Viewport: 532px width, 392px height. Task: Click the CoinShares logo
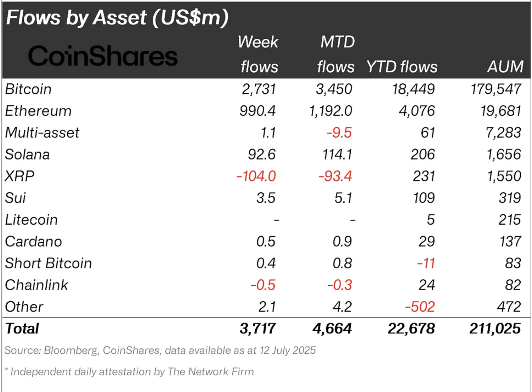pyautogui.click(x=103, y=56)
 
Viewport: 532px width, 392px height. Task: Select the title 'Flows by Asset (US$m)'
pyautogui.click(x=117, y=17)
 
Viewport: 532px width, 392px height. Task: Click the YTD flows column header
pyautogui.click(x=402, y=67)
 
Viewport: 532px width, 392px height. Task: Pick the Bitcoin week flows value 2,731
pyautogui.click(x=259, y=89)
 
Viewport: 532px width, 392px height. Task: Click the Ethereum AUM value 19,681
pyautogui.click(x=500, y=111)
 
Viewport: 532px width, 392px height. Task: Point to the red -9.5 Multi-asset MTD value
pyautogui.click(x=339, y=133)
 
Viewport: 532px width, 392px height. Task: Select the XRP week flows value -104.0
pyautogui.click(x=256, y=176)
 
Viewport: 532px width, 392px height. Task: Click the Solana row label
pyautogui.click(x=27, y=155)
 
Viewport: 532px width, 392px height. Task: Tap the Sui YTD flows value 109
pyautogui.click(x=424, y=198)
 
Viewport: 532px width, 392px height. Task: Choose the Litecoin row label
pyautogui.click(x=31, y=220)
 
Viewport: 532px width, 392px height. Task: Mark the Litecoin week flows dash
pyautogui.click(x=276, y=220)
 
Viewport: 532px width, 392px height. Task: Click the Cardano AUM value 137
pyautogui.click(x=510, y=241)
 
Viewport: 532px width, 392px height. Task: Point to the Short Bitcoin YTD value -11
pyautogui.click(x=426, y=263)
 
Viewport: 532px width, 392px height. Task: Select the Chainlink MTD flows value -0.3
pyautogui.click(x=339, y=285)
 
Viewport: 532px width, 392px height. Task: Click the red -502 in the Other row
pyautogui.click(x=420, y=307)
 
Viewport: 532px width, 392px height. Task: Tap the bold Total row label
pyautogui.click(x=22, y=329)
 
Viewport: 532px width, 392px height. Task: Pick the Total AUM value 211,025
pyautogui.click(x=495, y=329)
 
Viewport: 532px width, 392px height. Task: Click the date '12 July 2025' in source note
pyautogui.click(x=287, y=350)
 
